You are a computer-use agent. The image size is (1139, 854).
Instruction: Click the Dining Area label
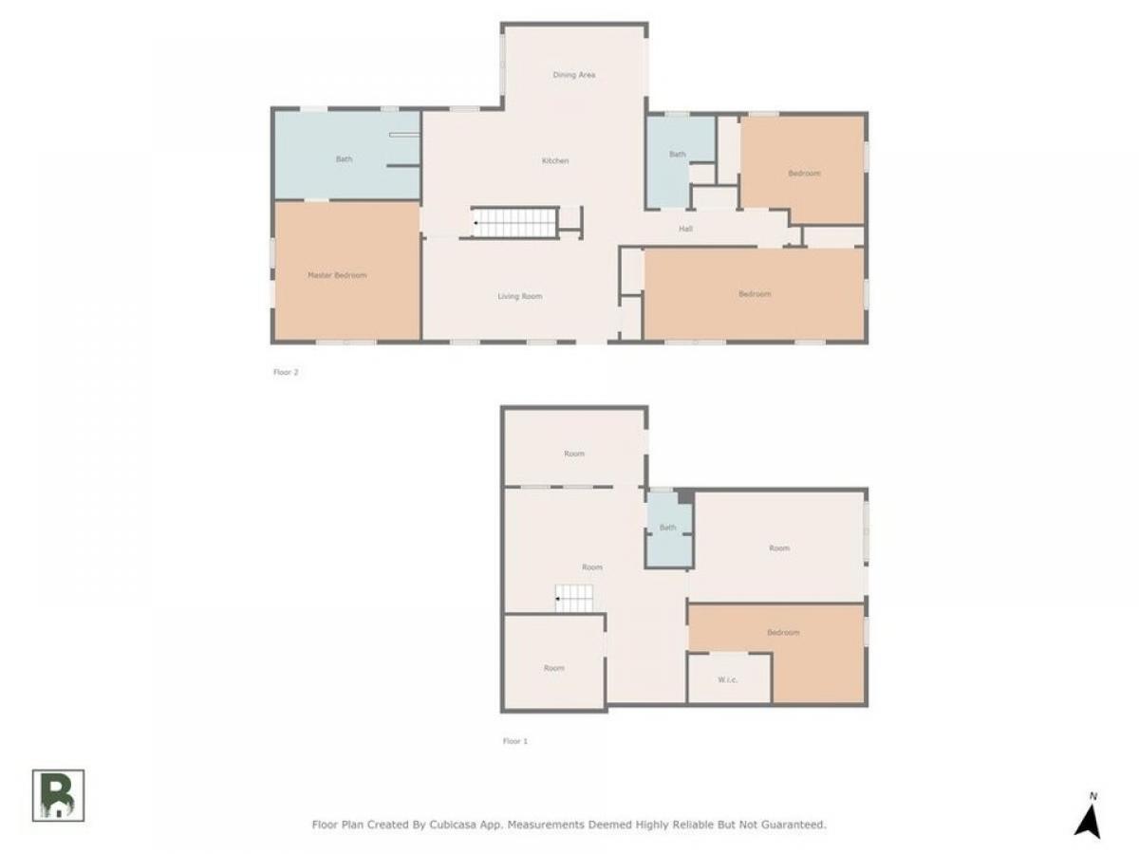(573, 75)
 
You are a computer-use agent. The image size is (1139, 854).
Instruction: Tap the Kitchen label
(554, 160)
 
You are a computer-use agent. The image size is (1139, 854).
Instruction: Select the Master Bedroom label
(337, 275)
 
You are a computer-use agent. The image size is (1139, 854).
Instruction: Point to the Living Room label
(519, 296)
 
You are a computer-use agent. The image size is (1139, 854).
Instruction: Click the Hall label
(685, 228)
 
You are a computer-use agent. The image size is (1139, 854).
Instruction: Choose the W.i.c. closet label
(727, 679)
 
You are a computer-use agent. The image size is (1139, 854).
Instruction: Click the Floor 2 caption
(286, 372)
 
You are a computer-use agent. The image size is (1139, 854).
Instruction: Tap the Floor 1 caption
(514, 741)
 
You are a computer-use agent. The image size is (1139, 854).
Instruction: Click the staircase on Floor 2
(514, 222)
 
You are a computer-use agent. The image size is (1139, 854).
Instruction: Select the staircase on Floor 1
(574, 599)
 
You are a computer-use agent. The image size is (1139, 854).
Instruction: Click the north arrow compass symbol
(1087, 817)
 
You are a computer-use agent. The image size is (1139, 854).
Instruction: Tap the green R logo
(58, 795)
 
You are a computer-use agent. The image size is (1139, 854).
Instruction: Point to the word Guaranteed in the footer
(793, 824)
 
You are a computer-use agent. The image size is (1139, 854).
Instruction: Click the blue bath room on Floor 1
(669, 529)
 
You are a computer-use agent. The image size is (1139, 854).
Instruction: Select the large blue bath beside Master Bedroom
(346, 155)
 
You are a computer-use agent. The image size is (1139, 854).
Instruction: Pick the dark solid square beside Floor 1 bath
(685, 496)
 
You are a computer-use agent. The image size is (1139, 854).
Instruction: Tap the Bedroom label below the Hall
(755, 294)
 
